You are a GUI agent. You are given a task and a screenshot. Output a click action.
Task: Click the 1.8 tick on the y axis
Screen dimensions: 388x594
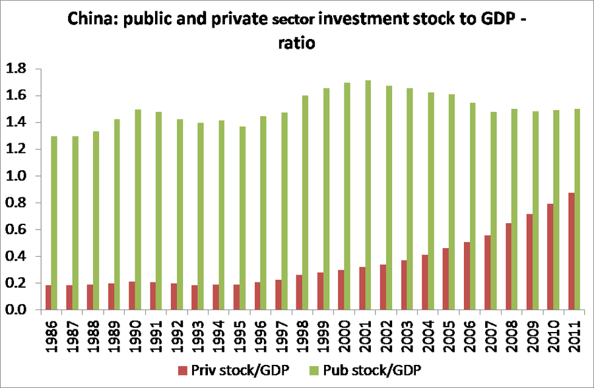[16, 69]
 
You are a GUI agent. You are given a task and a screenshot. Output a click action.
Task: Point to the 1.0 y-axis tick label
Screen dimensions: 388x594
[16, 176]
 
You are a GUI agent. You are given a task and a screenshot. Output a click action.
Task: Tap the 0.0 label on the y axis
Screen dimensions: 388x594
[16, 310]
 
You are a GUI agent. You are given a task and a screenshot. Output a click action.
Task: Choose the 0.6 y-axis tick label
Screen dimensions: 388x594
[16, 230]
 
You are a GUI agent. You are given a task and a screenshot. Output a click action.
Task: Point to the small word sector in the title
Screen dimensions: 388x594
[292, 22]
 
